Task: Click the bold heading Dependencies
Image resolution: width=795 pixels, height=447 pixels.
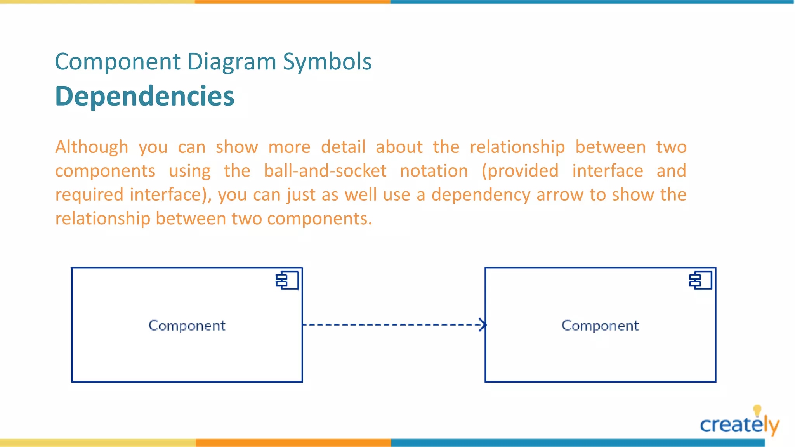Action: (x=145, y=96)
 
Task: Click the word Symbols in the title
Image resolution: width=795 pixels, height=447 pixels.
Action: (x=327, y=62)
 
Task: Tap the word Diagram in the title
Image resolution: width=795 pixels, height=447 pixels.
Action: (x=231, y=62)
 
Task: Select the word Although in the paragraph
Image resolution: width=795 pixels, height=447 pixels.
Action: (x=92, y=147)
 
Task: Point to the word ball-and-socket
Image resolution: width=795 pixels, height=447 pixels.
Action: (x=325, y=171)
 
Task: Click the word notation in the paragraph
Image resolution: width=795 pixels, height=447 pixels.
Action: (x=434, y=171)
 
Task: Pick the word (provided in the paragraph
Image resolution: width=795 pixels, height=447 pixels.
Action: (x=520, y=171)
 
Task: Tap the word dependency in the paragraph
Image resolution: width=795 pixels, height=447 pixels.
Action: (x=481, y=195)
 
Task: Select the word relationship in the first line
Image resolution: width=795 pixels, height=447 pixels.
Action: (x=517, y=147)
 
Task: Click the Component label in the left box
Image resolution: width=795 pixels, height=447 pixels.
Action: (x=187, y=326)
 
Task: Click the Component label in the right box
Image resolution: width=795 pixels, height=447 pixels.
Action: (x=600, y=326)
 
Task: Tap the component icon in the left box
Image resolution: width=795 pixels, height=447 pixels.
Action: (x=287, y=281)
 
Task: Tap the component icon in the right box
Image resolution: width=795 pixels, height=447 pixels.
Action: (x=701, y=281)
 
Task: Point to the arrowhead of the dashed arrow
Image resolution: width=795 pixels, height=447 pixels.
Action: (x=483, y=324)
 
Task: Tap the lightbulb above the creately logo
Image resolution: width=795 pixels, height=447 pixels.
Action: (x=757, y=411)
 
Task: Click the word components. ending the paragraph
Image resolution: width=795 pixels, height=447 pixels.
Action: (x=319, y=219)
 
